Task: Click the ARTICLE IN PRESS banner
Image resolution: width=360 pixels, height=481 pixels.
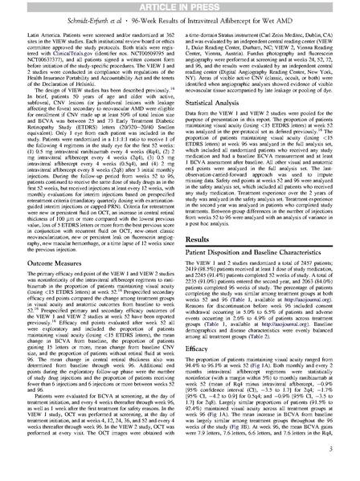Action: (179, 7)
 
